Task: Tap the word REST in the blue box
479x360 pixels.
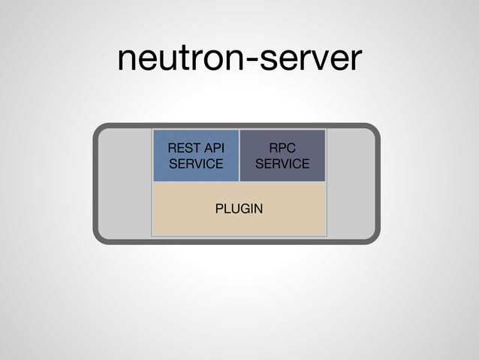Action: [x=182, y=148]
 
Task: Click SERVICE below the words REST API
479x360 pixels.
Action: [x=196, y=164]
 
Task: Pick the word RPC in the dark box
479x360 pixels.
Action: [x=282, y=148]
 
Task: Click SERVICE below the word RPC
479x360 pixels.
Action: [x=282, y=164]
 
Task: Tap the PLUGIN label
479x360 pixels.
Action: [x=239, y=208]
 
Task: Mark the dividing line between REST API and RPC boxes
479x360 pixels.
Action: [x=239, y=156]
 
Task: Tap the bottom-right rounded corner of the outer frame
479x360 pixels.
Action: [x=374, y=237]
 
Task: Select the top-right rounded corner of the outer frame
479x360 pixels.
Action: [x=374, y=130]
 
